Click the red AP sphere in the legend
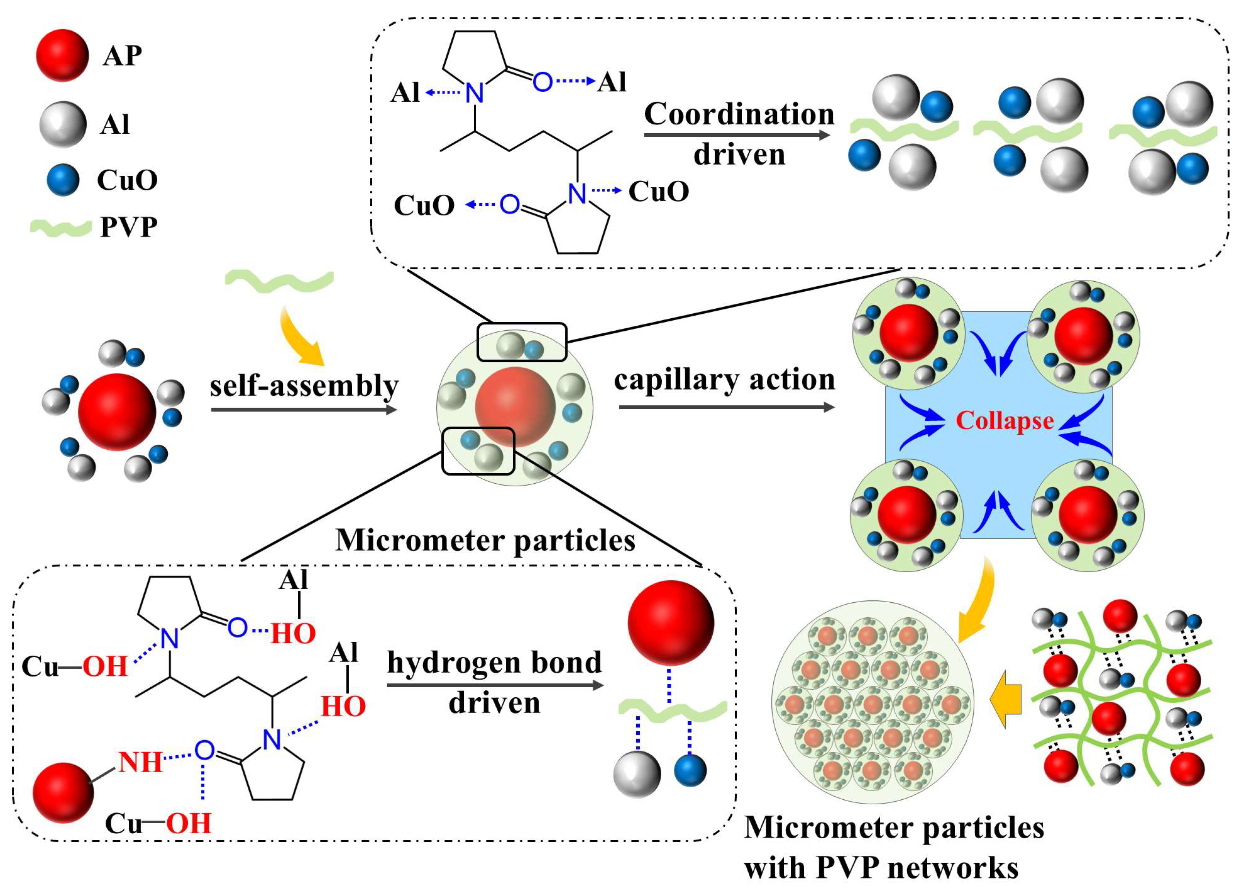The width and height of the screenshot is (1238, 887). [x=62, y=55]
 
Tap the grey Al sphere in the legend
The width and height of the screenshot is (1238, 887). [x=63, y=124]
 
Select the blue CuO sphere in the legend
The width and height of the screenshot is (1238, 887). [x=63, y=180]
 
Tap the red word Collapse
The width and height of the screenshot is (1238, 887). [x=1005, y=421]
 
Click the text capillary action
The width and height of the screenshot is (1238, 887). [x=724, y=379]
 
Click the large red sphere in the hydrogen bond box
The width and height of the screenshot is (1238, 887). [x=671, y=622]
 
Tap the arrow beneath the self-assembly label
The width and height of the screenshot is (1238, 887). [x=304, y=409]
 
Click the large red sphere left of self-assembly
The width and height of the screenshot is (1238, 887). [x=117, y=412]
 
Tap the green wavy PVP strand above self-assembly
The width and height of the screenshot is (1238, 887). [x=279, y=280]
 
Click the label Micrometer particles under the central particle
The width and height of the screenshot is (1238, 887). [x=485, y=540]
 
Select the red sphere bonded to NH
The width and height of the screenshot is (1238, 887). [x=63, y=792]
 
